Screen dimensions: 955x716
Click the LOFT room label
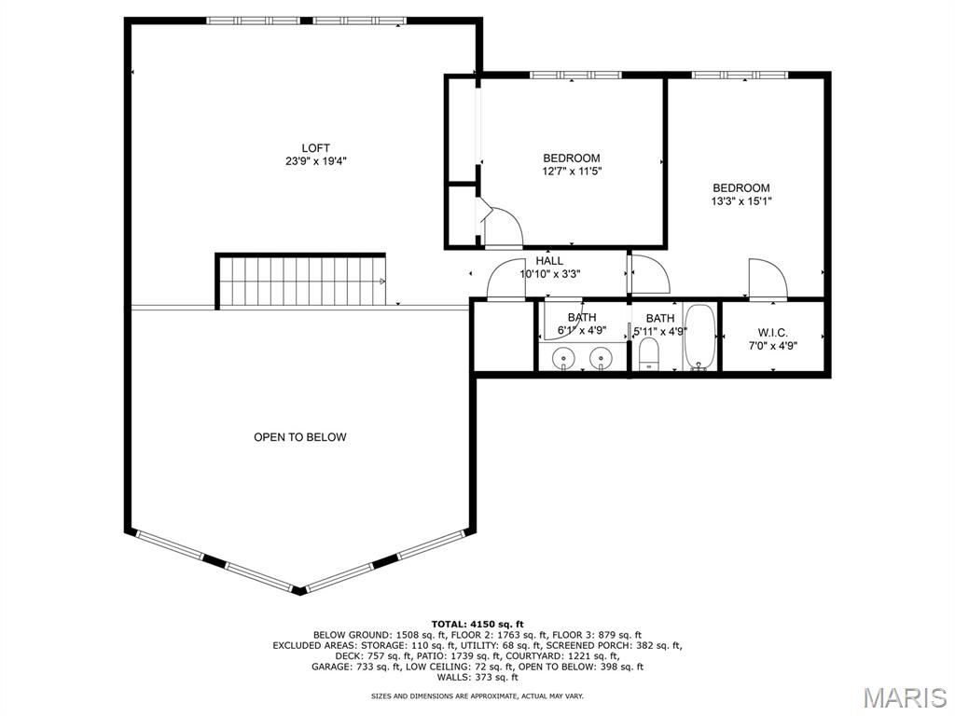click(x=315, y=148)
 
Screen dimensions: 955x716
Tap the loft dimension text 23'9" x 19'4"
click(x=315, y=161)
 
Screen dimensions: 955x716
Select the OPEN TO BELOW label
click(x=299, y=437)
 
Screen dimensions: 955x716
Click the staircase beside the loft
click(x=302, y=282)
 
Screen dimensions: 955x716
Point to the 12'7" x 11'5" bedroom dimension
click(x=572, y=172)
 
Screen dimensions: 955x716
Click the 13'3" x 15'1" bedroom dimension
click(x=741, y=201)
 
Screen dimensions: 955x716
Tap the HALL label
click(x=549, y=261)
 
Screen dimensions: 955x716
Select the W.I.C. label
click(x=773, y=333)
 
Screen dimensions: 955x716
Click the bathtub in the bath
click(x=699, y=337)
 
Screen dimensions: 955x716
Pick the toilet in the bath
click(x=649, y=354)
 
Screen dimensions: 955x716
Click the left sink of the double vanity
click(x=564, y=357)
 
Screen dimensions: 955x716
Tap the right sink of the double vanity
click(x=602, y=357)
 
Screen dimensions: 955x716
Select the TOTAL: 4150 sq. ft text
click(x=477, y=624)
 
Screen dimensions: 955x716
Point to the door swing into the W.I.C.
click(x=768, y=279)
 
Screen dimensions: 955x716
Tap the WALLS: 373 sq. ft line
click(x=477, y=677)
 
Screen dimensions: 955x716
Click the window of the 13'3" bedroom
click(x=740, y=75)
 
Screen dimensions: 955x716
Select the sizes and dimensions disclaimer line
click(x=477, y=695)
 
